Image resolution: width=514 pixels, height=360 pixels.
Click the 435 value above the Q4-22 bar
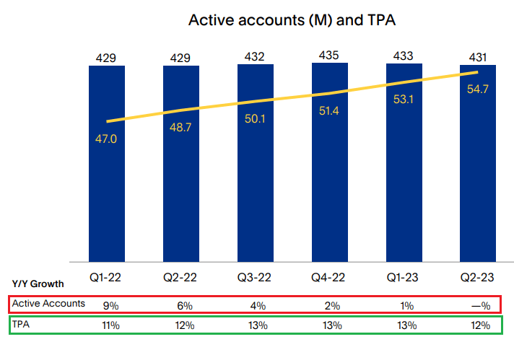(x=330, y=55)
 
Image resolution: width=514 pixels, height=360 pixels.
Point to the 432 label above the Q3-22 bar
(x=255, y=57)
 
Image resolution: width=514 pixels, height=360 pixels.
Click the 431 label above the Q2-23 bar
(x=478, y=58)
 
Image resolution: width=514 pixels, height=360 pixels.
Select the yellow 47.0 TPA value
(x=107, y=139)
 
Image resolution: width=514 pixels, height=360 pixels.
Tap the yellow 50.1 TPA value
(x=255, y=119)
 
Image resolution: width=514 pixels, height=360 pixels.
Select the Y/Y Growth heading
(x=38, y=284)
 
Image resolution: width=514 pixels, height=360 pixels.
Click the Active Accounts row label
(x=48, y=303)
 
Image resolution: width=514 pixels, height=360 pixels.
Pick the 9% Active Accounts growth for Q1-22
(x=110, y=304)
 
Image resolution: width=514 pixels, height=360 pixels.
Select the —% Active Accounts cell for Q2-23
(x=479, y=304)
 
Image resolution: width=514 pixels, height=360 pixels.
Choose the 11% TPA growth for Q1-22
(x=110, y=325)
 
